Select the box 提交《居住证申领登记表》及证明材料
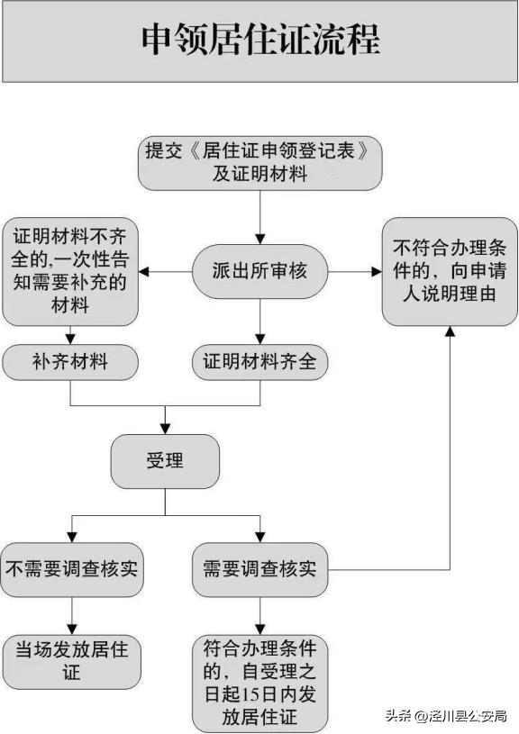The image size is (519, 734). (x=259, y=162)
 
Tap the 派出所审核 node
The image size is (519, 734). (x=259, y=270)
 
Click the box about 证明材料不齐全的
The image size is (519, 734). (x=69, y=270)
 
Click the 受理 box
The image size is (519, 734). (x=165, y=461)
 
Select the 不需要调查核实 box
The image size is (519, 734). (x=70, y=569)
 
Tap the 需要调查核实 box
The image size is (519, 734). (x=259, y=569)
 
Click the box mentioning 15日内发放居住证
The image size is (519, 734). (x=259, y=683)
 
